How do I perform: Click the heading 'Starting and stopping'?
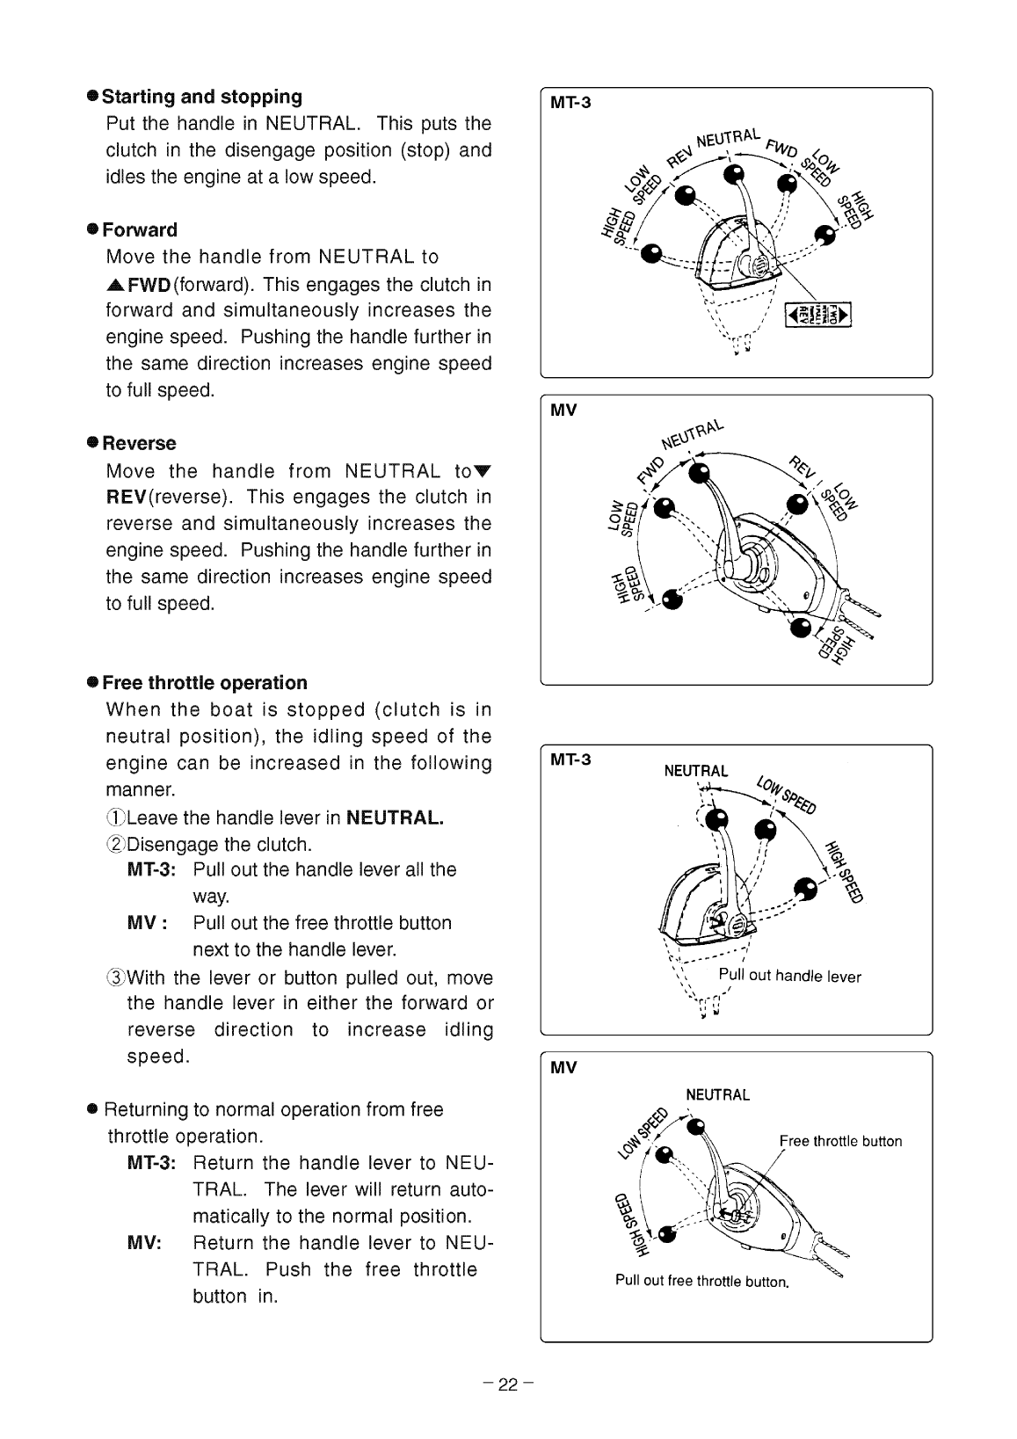coord(202,97)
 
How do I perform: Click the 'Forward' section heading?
coord(140,230)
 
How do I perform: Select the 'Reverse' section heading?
coord(139,443)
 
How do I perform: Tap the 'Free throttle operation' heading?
coord(205,683)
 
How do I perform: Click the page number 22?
coord(508,1385)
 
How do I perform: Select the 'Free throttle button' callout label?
coord(840,1142)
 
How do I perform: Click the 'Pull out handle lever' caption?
coord(789,976)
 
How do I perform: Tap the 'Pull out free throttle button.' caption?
coord(701,1281)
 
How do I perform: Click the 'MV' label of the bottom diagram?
coord(563,1068)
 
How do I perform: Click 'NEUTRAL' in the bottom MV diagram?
coord(717,1095)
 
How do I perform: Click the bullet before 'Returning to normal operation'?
coord(91,1110)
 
